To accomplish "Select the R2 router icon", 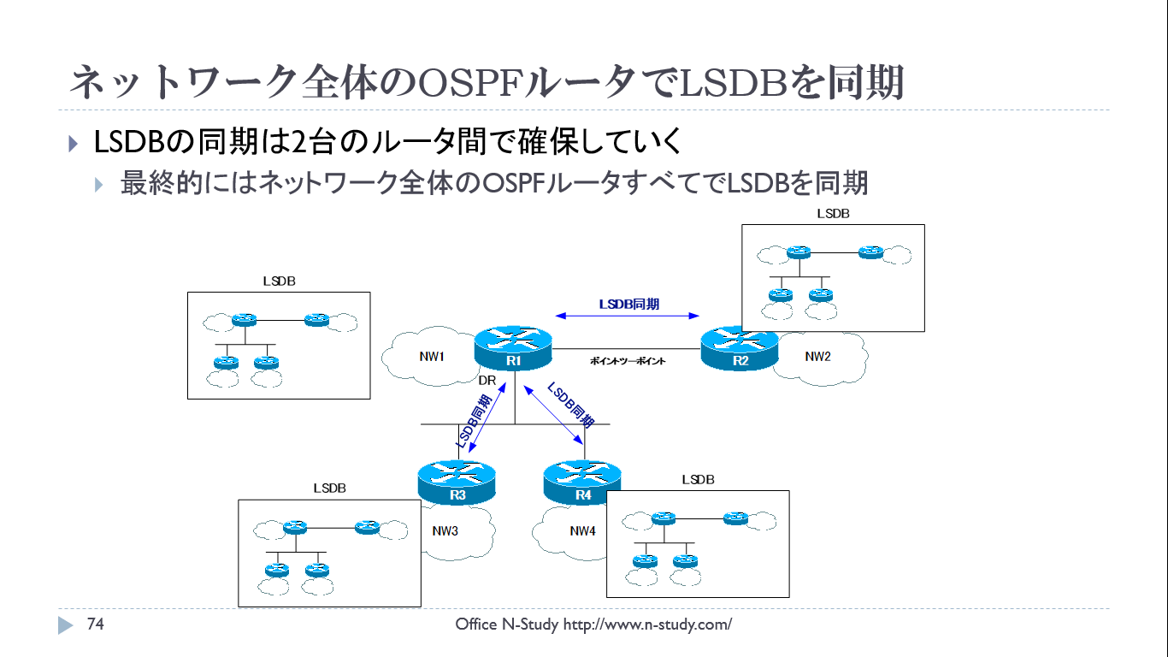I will (x=740, y=348).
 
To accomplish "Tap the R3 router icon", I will (x=457, y=482).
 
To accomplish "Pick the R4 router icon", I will (x=582, y=482).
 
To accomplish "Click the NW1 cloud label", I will (x=432, y=357).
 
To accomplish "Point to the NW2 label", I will (x=817, y=357).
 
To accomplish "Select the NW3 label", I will (x=445, y=531).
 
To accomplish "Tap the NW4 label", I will (x=582, y=531).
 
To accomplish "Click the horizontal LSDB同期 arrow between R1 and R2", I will (x=628, y=316).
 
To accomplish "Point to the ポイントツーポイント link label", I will (x=628, y=362).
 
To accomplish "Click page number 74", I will (x=96, y=624).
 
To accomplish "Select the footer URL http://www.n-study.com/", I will (x=647, y=624).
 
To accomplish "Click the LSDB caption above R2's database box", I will (x=833, y=214).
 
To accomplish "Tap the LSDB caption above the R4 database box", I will (x=698, y=480).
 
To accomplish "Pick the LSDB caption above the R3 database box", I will (x=329, y=488).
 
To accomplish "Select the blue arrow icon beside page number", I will (x=66, y=625).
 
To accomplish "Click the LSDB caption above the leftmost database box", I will (x=279, y=281).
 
